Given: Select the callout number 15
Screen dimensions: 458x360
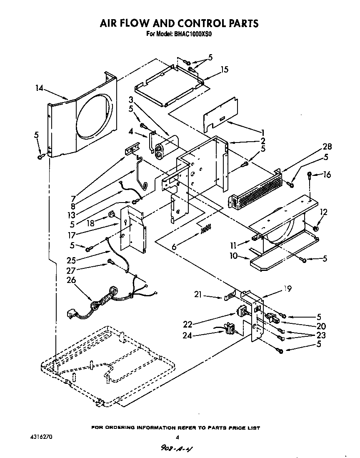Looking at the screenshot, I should [x=224, y=70].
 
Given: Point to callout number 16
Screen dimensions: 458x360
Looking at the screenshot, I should [x=327, y=175].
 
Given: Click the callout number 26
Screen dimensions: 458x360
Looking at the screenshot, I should [x=71, y=280].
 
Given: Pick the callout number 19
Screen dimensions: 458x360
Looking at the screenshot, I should [x=287, y=288].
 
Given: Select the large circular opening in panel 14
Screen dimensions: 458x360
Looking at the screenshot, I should [x=95, y=118].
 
